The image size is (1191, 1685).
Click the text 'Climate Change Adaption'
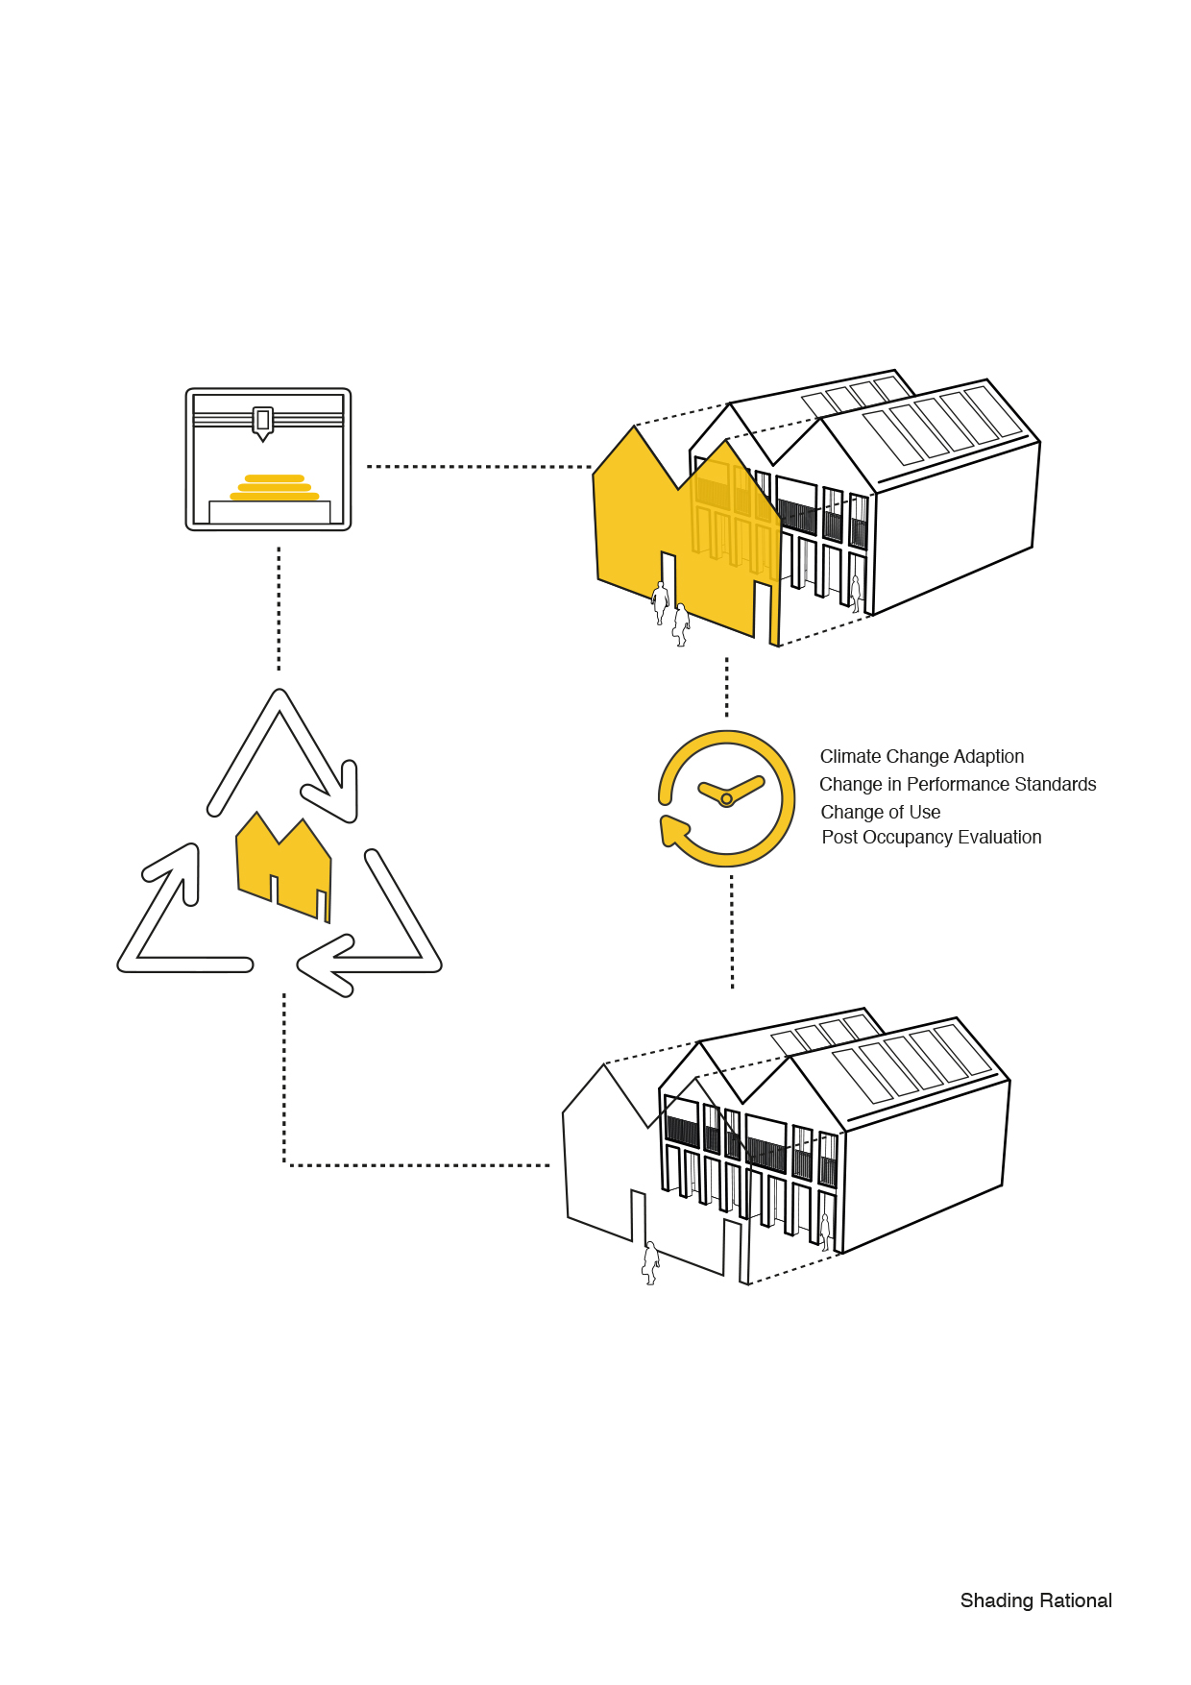[x=921, y=757]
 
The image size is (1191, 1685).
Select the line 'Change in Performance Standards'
[x=957, y=785]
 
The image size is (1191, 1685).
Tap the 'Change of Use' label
[x=880, y=813]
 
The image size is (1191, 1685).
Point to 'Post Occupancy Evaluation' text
[x=931, y=838]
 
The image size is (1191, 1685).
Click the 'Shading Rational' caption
[x=1035, y=1600]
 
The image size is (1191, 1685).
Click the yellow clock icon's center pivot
[x=726, y=799]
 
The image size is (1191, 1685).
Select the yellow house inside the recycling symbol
[x=282, y=866]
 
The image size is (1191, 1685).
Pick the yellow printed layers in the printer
[x=275, y=487]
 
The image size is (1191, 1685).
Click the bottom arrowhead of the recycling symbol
[x=327, y=965]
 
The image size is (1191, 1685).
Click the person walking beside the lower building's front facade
[x=650, y=1262]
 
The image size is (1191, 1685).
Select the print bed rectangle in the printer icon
[x=269, y=512]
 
